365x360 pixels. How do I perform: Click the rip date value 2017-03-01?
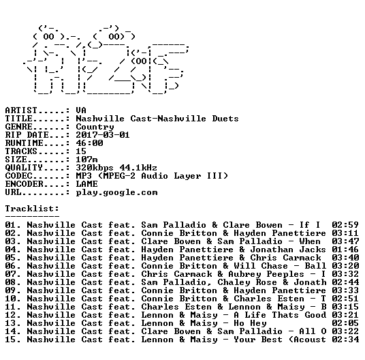[x=103, y=135]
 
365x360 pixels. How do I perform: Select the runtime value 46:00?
[x=89, y=143]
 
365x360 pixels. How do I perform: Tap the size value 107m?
[x=86, y=160]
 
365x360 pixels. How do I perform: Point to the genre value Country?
[x=95, y=127]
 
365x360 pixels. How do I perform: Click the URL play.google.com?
[x=117, y=193]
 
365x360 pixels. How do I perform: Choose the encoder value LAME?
[x=86, y=184]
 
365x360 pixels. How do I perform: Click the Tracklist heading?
[x=32, y=209]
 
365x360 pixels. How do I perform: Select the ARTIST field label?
[x=21, y=110]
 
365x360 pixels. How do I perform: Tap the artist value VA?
[x=81, y=110]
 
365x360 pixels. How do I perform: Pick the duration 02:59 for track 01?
[x=345, y=225]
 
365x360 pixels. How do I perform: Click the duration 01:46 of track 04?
[x=345, y=250]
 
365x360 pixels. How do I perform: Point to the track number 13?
[x=11, y=323]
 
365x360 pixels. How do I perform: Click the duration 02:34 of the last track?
[x=345, y=340]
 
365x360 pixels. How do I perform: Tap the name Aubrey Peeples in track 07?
[x=266, y=275]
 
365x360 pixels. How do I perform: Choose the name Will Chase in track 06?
[x=261, y=266]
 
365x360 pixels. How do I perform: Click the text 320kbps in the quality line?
[x=95, y=168]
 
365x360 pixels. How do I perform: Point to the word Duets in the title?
[x=225, y=119]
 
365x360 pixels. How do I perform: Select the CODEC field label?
[x=18, y=176]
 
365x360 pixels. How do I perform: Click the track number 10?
[x=11, y=299]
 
